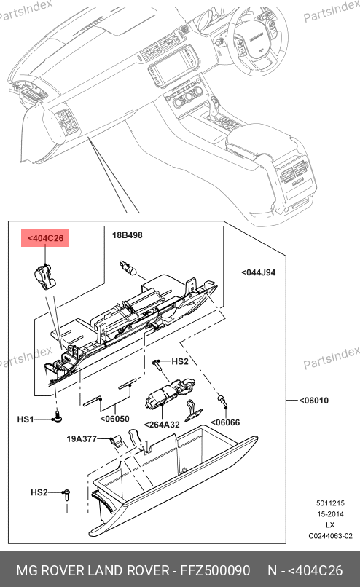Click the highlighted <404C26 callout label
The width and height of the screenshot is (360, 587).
pyautogui.click(x=45, y=238)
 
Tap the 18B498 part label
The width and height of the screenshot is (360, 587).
pyautogui.click(x=128, y=235)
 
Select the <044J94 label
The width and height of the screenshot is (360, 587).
pyautogui.click(x=258, y=272)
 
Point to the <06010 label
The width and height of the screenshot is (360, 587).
pyautogui.click(x=314, y=401)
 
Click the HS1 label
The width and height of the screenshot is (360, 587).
pyautogui.click(x=26, y=419)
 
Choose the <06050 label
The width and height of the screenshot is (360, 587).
pyautogui.click(x=114, y=419)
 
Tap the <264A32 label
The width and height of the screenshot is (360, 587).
pyautogui.click(x=162, y=425)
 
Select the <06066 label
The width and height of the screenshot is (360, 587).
pyautogui.click(x=225, y=422)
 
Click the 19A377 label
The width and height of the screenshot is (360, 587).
pyautogui.click(x=82, y=438)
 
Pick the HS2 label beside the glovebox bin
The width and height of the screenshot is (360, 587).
pyautogui.click(x=39, y=492)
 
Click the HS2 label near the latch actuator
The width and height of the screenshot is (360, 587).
pyautogui.click(x=180, y=361)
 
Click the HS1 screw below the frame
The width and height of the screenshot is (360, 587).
pyautogui.click(x=58, y=417)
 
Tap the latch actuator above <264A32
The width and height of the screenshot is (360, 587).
pyautogui.click(x=168, y=392)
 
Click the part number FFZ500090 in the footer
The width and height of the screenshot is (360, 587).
pyautogui.click(x=215, y=570)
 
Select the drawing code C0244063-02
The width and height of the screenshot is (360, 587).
pyautogui.click(x=330, y=536)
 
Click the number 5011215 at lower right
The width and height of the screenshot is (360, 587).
pyautogui.click(x=330, y=503)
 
